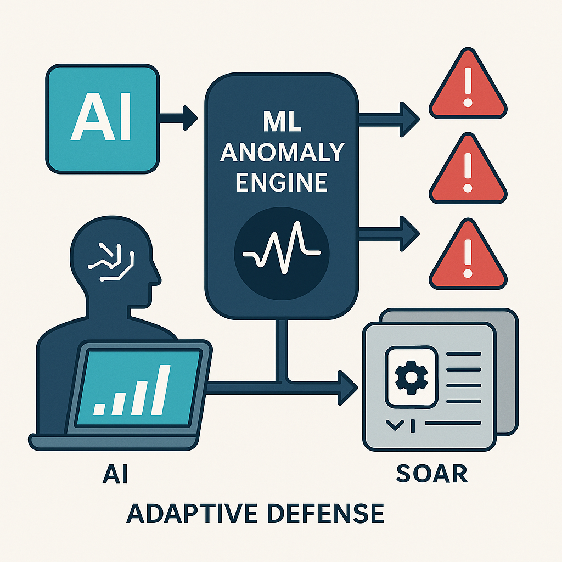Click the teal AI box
[x=103, y=119]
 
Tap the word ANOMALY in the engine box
[x=282, y=153]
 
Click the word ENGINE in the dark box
[x=282, y=182]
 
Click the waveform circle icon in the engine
[x=282, y=254]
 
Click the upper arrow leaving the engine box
[x=389, y=119]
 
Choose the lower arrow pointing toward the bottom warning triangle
[x=389, y=234]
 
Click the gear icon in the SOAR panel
[x=411, y=377]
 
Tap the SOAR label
[x=432, y=474]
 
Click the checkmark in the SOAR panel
[x=395, y=425]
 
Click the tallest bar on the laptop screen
[x=161, y=390]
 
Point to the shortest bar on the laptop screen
[x=99, y=409]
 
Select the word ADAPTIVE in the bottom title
[x=192, y=513]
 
